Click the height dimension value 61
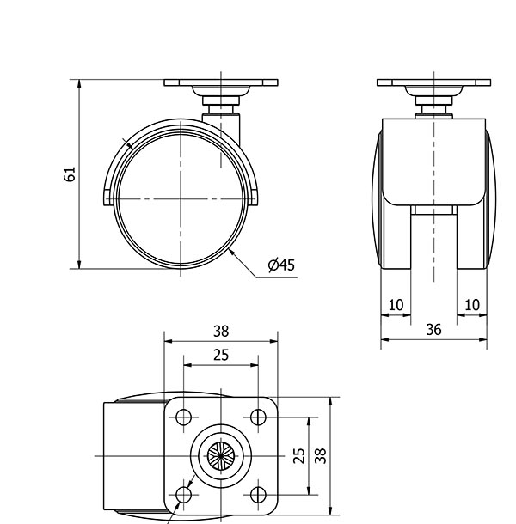point(70,174)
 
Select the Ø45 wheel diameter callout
point(281,265)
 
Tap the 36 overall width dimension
point(433,330)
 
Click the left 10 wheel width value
point(396,305)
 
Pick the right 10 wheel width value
point(472,305)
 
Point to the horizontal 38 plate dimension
point(221,332)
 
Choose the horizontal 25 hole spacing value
point(221,355)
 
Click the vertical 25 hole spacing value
point(298,455)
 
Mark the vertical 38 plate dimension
point(321,455)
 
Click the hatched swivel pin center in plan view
point(221,456)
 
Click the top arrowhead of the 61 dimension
point(79,83)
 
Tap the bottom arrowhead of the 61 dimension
point(79,265)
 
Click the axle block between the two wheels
point(433,210)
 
